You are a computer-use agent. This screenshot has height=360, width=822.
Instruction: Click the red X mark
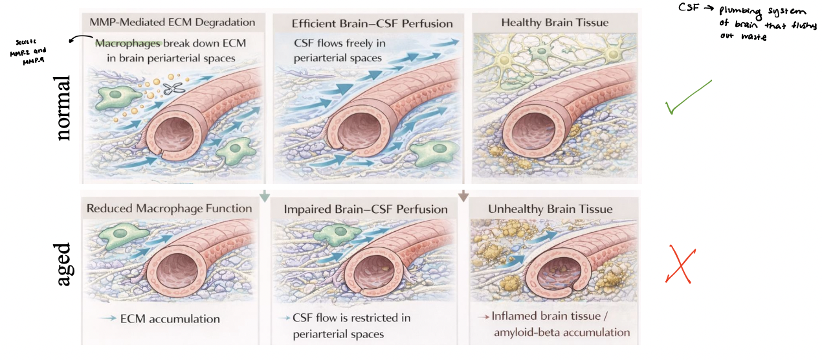pos(678,265)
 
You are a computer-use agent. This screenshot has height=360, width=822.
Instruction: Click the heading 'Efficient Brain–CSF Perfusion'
pos(372,23)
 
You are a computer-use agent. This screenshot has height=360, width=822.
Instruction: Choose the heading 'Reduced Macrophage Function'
pos(169,208)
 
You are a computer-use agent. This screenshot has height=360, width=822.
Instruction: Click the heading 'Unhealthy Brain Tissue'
pos(551,209)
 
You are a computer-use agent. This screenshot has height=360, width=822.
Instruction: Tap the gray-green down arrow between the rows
pos(264,194)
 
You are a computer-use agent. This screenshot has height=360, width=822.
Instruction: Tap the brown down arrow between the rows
pos(463,194)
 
